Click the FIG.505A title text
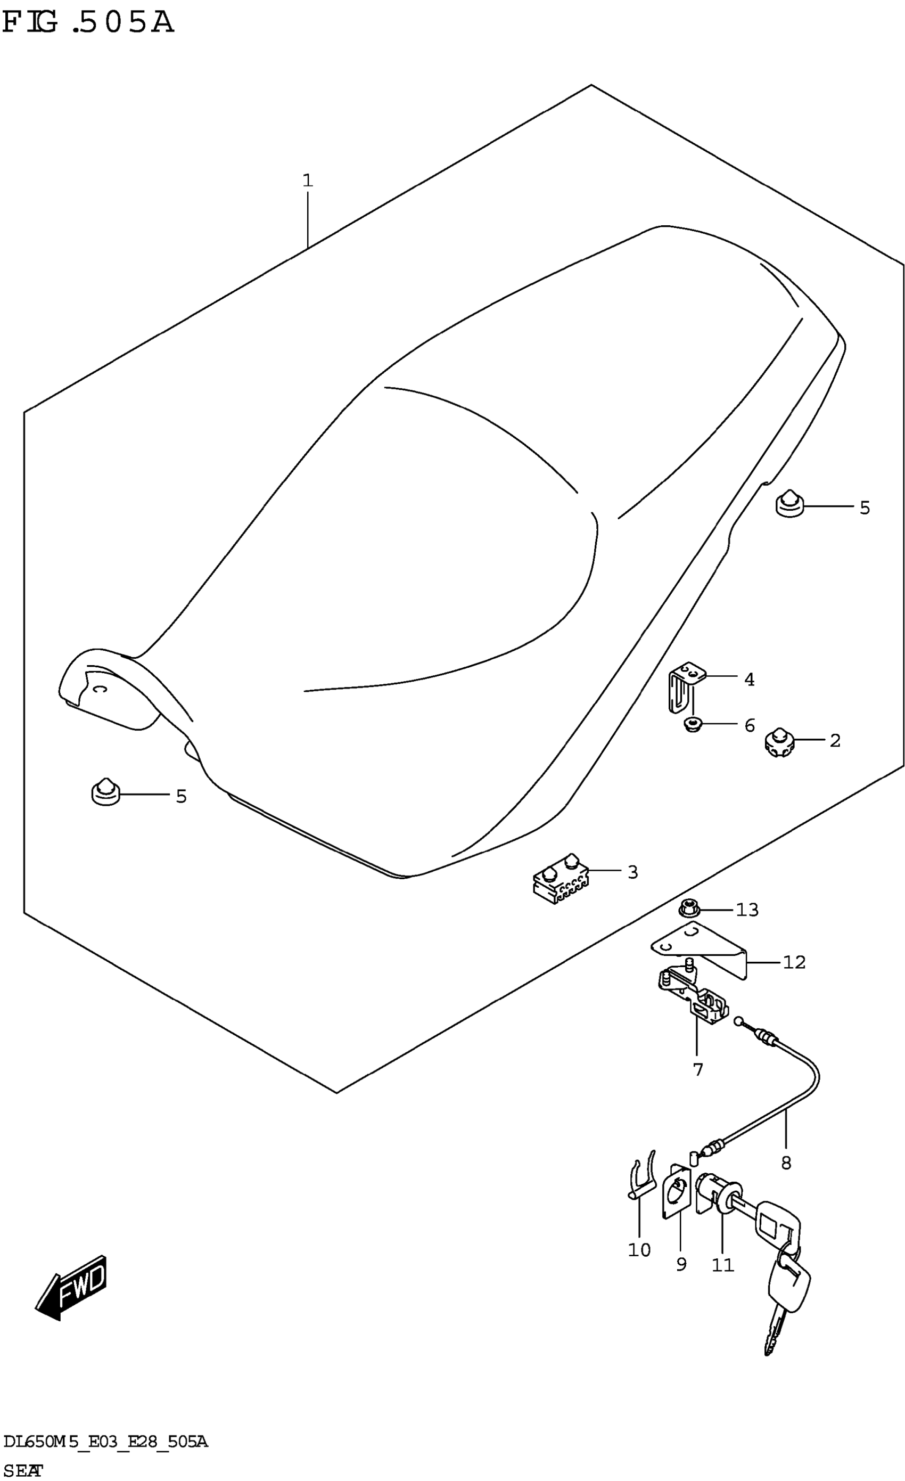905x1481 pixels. (x=88, y=23)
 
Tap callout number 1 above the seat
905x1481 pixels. (x=308, y=181)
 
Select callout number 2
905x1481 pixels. (x=835, y=740)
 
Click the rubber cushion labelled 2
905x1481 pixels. (x=779, y=742)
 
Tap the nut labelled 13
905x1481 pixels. (x=689, y=910)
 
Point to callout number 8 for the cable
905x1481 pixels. (x=786, y=1163)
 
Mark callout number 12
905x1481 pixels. (x=794, y=962)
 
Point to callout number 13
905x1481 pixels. (x=747, y=910)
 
